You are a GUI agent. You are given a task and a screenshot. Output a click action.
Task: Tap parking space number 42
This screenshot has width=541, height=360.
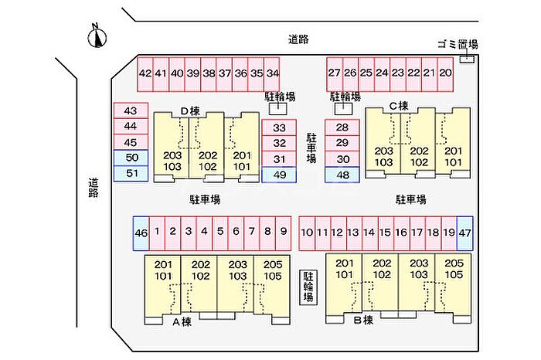[145, 73]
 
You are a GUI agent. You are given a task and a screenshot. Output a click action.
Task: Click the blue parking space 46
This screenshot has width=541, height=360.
[141, 232]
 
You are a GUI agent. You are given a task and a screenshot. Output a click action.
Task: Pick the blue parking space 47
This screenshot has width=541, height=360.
[464, 232]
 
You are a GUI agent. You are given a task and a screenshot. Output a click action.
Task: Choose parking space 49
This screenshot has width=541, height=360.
[279, 175]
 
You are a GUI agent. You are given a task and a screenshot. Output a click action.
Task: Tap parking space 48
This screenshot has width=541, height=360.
[342, 175]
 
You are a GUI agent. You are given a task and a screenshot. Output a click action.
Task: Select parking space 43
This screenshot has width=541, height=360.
[130, 111]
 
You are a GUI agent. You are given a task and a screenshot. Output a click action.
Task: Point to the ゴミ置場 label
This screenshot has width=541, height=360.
[458, 46]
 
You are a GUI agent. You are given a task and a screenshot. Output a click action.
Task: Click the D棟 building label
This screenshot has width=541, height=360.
[190, 110]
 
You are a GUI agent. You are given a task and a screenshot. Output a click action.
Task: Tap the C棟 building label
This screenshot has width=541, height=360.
[398, 105]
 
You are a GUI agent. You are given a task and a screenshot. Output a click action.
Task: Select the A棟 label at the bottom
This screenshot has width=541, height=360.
[181, 321]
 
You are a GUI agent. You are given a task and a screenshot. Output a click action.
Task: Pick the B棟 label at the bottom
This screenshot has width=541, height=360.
[363, 319]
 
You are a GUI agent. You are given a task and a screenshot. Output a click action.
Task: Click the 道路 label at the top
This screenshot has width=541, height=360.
[298, 39]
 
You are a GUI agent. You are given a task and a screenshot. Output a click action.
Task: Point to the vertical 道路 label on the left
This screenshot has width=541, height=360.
[93, 188]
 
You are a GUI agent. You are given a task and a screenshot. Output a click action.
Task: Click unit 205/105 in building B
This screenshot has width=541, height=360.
[454, 269]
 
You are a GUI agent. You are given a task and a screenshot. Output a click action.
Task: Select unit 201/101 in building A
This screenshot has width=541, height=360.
[164, 269]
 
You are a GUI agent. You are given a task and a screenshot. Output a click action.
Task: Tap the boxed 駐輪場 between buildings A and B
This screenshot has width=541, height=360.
[308, 287]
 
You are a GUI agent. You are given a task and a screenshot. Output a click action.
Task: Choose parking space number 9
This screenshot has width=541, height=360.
[284, 231]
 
